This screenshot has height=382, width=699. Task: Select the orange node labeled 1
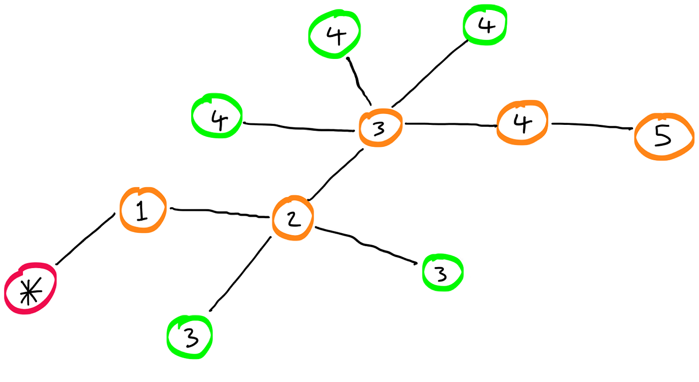142,210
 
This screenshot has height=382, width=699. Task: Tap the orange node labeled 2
293,218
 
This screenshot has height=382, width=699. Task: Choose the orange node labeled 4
522,123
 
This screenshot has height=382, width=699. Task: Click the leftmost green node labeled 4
217,116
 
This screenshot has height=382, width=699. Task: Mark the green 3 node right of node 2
442,273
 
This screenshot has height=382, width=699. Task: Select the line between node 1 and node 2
220,213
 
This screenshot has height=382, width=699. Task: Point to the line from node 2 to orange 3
335,174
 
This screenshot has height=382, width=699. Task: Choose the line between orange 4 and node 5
592,125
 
